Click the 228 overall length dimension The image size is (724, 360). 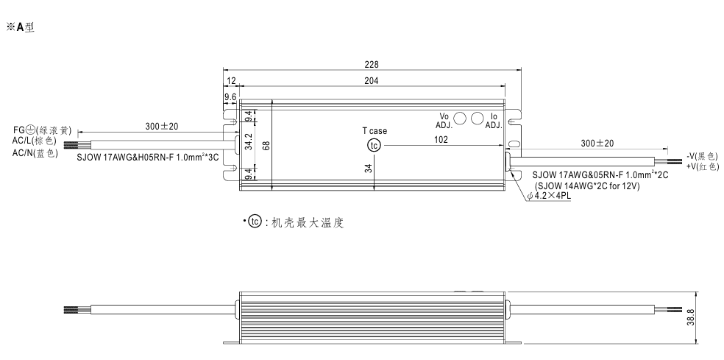tap(371, 64)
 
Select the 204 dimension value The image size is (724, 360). tap(371, 80)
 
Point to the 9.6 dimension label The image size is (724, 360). tap(230, 96)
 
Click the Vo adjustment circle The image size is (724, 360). tap(461, 118)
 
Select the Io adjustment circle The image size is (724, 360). tap(477, 118)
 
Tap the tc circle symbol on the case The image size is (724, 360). tap(375, 145)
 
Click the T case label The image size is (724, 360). tap(374, 131)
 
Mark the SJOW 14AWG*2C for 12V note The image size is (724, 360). tap(587, 186)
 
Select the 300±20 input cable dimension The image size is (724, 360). tap(163, 127)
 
